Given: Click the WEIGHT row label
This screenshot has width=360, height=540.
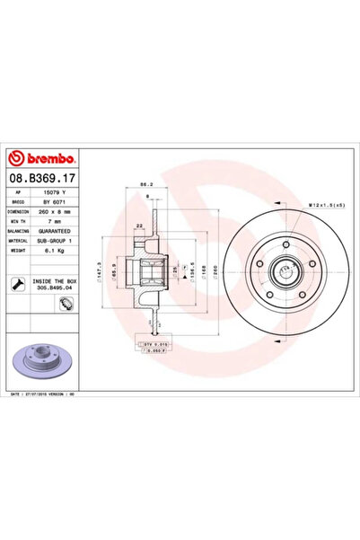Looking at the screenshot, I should click(x=23, y=250).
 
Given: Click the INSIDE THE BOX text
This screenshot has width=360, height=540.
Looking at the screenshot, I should click(x=59, y=281).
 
